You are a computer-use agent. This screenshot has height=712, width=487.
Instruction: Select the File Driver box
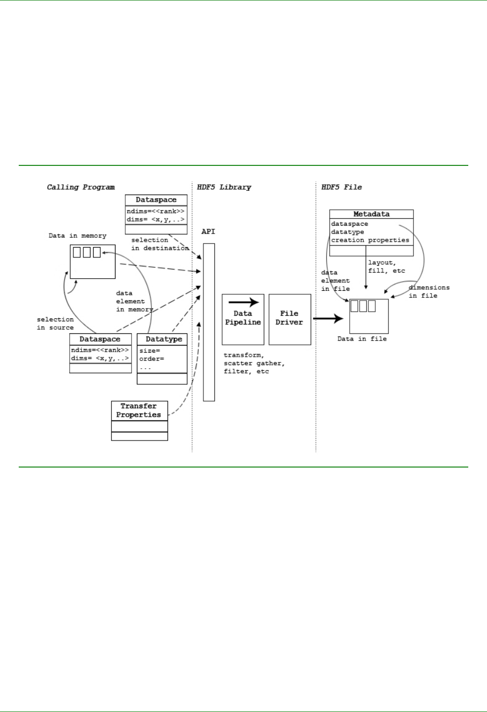[289, 319]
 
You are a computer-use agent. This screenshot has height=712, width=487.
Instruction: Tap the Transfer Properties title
[139, 410]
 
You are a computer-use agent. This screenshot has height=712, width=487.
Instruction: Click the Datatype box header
[164, 339]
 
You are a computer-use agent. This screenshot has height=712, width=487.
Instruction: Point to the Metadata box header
[371, 214]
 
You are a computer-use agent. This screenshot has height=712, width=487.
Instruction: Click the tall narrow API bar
[209, 322]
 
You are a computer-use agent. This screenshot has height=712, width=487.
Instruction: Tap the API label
[208, 231]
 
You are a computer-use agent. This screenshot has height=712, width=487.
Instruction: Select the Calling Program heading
[81, 187]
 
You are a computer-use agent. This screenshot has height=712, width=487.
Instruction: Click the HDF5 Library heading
[224, 187]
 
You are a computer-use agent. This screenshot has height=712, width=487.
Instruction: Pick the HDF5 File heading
[341, 187]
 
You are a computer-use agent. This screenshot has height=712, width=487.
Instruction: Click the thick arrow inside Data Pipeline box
[244, 302]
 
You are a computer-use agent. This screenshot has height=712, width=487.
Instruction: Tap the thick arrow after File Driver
[328, 318]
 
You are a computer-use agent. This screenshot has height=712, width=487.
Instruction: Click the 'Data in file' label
[362, 339]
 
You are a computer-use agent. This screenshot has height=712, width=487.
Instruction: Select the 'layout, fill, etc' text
[386, 267]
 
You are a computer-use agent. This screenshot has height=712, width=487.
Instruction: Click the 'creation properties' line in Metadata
[370, 240]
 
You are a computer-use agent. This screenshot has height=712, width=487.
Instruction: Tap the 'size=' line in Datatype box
[149, 351]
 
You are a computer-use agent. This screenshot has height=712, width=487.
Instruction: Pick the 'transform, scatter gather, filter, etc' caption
[254, 364]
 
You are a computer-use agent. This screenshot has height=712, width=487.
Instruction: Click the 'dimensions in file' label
[429, 291]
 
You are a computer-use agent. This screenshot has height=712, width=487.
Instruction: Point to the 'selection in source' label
[55, 323]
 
